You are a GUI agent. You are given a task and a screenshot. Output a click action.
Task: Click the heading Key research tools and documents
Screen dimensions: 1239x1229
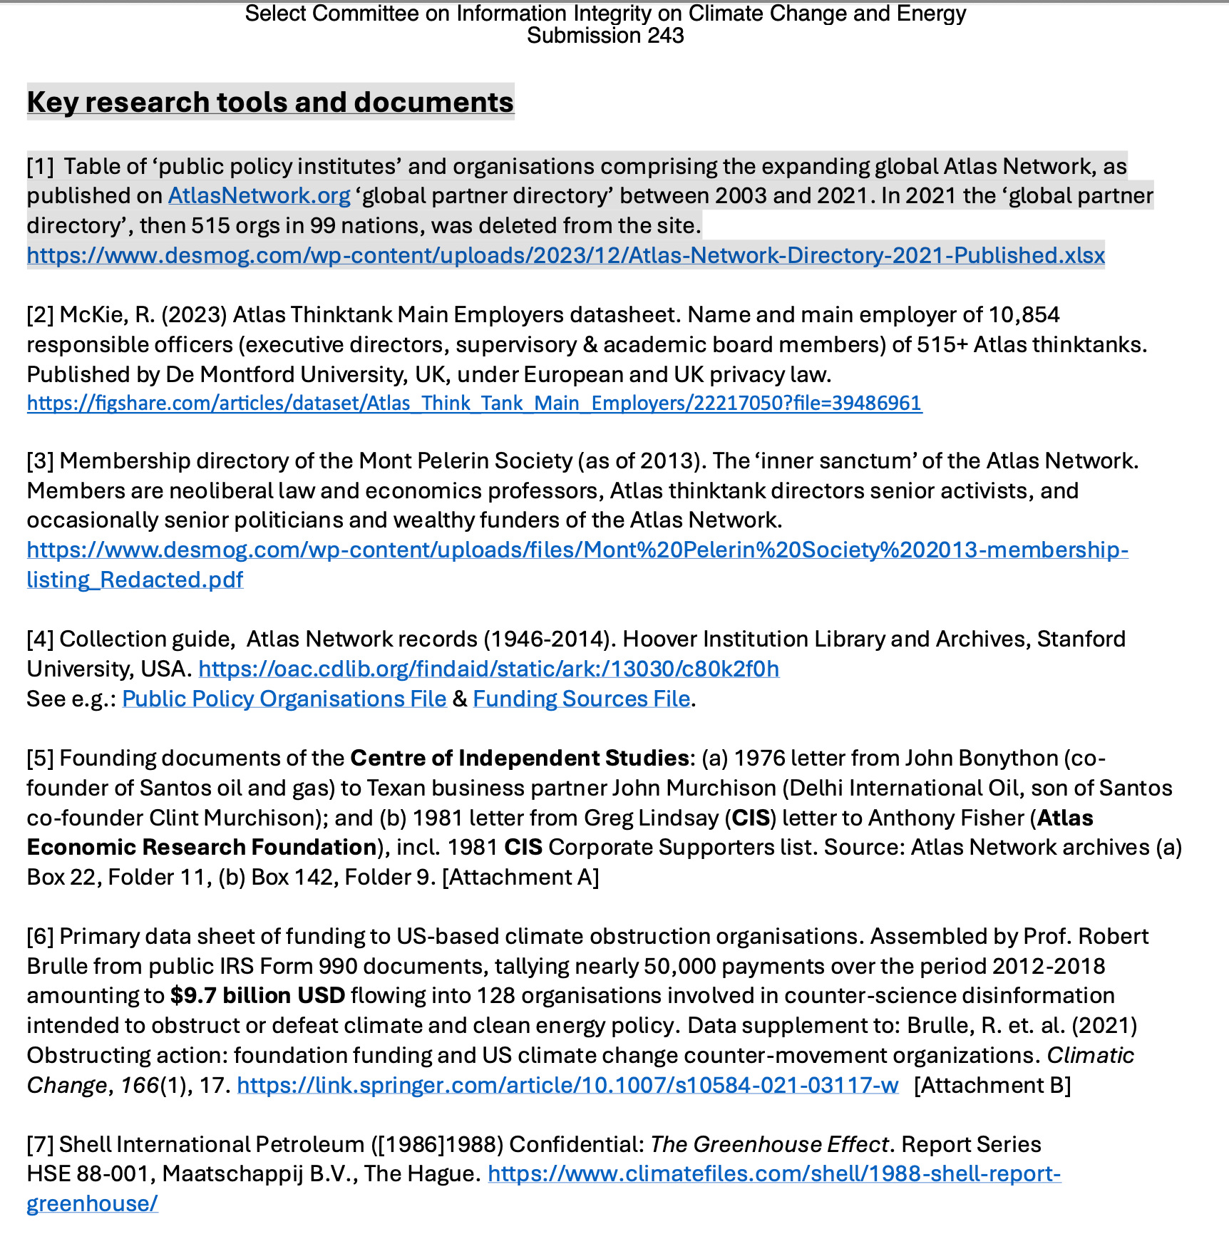coord(270,103)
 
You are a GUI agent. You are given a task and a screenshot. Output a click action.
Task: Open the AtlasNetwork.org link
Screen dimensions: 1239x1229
coord(259,196)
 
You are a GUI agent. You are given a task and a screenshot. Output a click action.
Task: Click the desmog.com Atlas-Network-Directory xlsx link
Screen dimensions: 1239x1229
coord(565,255)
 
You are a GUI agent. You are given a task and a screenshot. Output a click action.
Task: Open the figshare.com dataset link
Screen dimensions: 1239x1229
coord(474,403)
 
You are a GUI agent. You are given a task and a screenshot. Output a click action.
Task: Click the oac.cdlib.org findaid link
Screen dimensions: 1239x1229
coord(488,669)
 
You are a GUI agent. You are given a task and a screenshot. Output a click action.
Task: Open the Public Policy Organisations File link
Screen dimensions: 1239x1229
coord(284,699)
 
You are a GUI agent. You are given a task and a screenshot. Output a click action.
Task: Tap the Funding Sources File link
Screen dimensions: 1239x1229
coord(581,699)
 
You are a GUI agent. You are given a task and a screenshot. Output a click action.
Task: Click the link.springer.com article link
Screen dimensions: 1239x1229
coord(567,1085)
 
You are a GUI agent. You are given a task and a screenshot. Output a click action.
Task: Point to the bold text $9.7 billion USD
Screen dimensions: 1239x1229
coord(257,995)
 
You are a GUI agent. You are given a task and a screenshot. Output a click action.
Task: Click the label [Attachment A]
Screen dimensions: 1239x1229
coord(520,877)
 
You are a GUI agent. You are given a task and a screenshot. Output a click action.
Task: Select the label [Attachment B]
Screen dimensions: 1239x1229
coord(992,1085)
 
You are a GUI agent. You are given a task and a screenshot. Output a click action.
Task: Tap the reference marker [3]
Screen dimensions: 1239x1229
coord(40,461)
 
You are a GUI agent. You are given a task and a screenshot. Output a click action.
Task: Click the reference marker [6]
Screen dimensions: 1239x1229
coord(40,936)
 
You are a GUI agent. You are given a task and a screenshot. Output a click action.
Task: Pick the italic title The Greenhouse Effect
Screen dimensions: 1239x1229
coord(769,1144)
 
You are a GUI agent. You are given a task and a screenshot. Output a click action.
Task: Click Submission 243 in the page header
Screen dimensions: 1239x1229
coord(605,36)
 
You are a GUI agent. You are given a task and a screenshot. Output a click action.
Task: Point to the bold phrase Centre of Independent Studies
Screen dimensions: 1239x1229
coord(519,758)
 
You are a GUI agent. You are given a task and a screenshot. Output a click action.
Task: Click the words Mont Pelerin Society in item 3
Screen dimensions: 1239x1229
coord(466,461)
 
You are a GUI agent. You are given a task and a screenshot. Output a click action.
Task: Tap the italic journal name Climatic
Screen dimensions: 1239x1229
coord(1090,1055)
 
